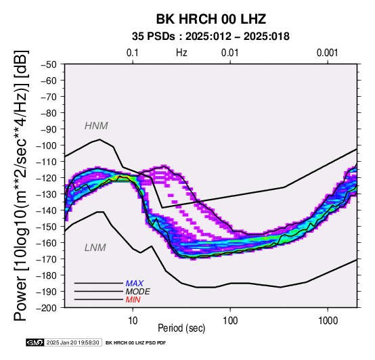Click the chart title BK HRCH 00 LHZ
(211, 19)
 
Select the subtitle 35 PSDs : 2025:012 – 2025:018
(211, 37)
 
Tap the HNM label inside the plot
(96, 126)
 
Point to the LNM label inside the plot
(95, 248)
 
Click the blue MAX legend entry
(135, 284)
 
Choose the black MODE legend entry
(138, 292)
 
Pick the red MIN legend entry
(133, 300)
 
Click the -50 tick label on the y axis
(49, 64)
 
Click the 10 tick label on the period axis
(133, 321)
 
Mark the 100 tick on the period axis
(230, 321)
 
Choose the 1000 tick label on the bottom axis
(328, 321)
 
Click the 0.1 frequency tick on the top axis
(133, 53)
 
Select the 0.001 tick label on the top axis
(328, 53)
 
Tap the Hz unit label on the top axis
(181, 53)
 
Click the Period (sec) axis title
(181, 328)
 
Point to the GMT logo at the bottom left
(35, 342)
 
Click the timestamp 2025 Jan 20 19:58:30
(72, 342)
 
